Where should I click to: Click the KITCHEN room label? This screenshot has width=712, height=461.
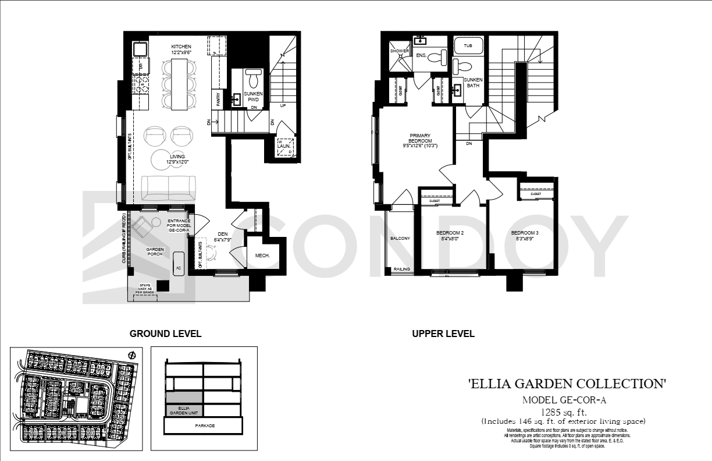tap(181, 47)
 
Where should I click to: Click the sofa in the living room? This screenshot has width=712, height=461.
tap(169, 187)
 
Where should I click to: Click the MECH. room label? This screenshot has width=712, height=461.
tap(262, 256)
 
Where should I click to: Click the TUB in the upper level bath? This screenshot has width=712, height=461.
tap(468, 45)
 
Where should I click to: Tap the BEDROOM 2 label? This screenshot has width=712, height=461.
tap(450, 233)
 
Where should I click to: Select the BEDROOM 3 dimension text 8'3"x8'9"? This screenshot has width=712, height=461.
tap(525, 239)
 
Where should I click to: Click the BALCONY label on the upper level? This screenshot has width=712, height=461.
tap(400, 239)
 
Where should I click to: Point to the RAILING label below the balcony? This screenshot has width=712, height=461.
tap(402, 269)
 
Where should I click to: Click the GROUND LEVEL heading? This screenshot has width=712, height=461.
tap(165, 334)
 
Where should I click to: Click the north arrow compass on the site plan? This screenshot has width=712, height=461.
tap(131, 355)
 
